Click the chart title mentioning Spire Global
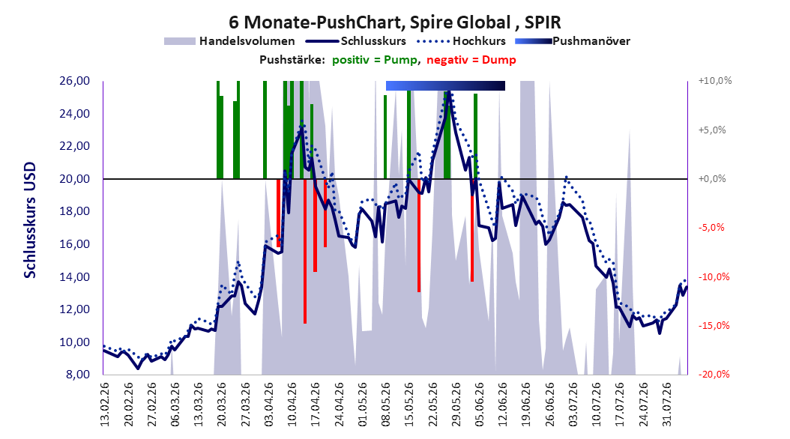pyautogui.click(x=394, y=22)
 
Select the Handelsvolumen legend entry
pyautogui.click(x=229, y=41)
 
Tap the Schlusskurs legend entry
pyautogui.click(x=356, y=41)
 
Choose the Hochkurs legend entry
pyautogui.click(x=461, y=41)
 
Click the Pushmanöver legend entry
pyautogui.click(x=573, y=41)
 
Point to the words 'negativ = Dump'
pyautogui.click(x=471, y=60)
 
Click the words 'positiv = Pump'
pyautogui.click(x=375, y=60)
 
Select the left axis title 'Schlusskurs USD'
pyautogui.click(x=30, y=220)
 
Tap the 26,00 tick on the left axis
pyautogui.click(x=74, y=81)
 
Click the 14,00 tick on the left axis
pyautogui.click(x=74, y=277)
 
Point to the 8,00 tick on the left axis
pyautogui.click(x=78, y=375)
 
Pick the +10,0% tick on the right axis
pyautogui.click(x=715, y=81)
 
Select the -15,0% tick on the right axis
pyautogui.click(x=714, y=326)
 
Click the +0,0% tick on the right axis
pyautogui.click(x=712, y=179)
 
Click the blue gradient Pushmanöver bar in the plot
pyautogui.click(x=445, y=85)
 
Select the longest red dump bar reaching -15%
pyautogui.click(x=305, y=251)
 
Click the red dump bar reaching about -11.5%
pyautogui.click(x=419, y=236)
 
